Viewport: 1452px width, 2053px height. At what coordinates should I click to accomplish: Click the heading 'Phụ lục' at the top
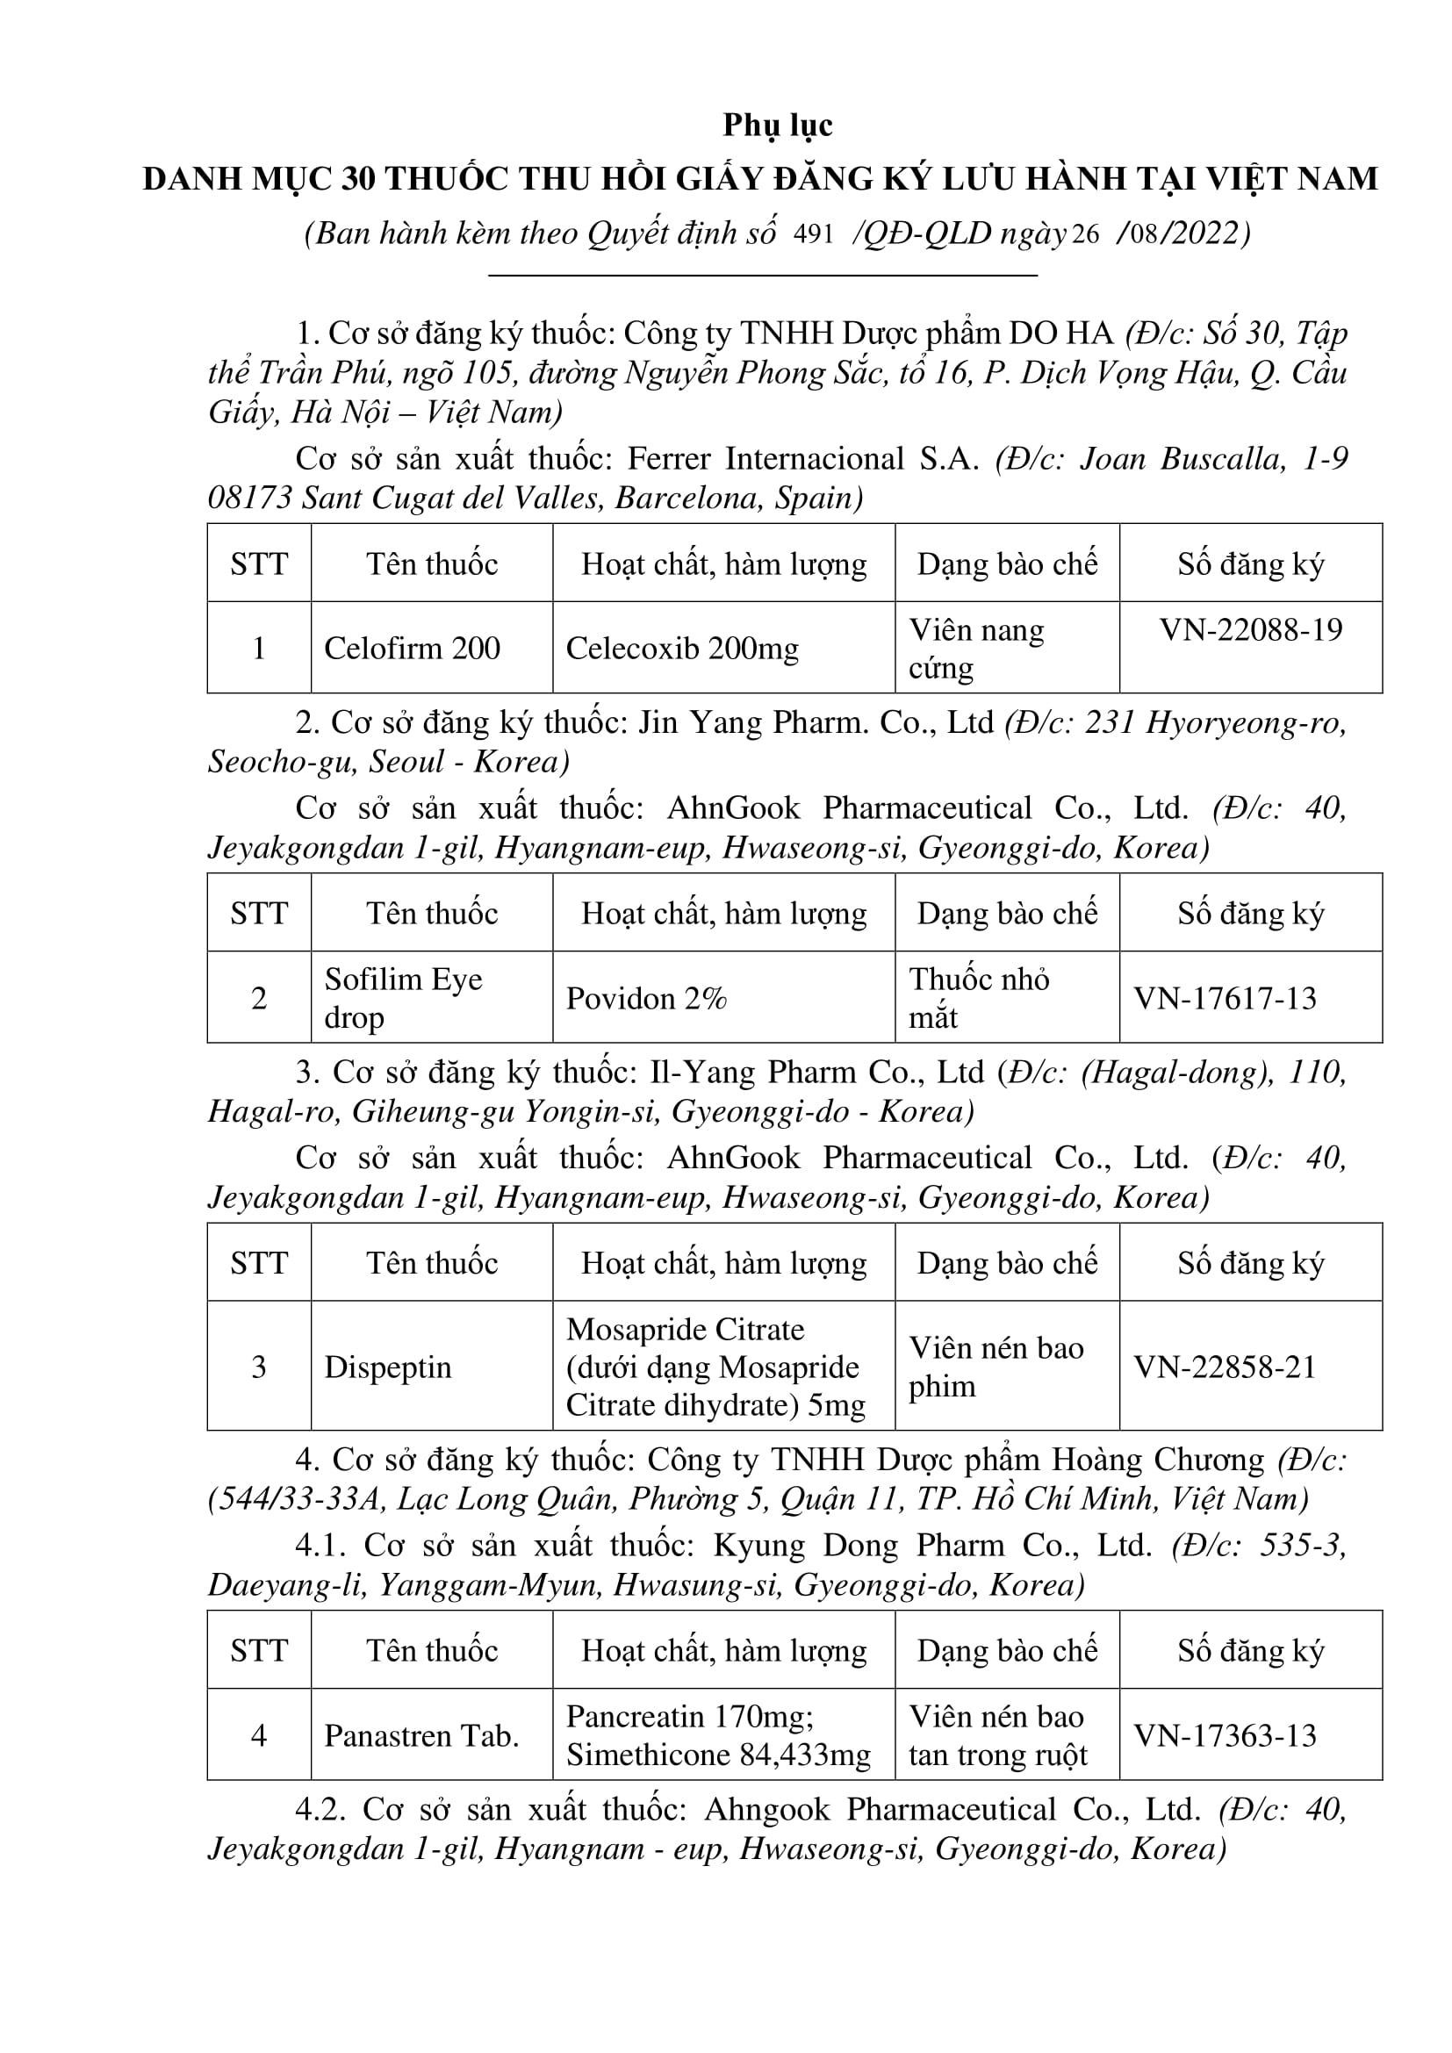pos(777,126)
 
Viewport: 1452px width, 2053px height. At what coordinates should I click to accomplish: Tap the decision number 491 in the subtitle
pos(813,234)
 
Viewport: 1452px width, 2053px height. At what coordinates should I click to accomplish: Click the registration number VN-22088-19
pos(1251,630)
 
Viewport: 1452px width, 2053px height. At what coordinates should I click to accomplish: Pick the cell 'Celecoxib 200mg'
pos(681,649)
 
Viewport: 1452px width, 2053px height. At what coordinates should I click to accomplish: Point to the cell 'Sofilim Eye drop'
pos(402,998)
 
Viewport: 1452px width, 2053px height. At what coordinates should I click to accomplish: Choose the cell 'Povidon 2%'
pos(645,998)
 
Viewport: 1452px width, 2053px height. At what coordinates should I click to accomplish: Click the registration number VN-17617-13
pos(1225,998)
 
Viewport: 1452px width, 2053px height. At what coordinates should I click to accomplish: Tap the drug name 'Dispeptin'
pos(387,1367)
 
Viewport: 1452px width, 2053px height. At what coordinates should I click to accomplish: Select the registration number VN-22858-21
pos(1225,1367)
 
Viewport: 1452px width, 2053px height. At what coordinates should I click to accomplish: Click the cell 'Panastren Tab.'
pos(421,1735)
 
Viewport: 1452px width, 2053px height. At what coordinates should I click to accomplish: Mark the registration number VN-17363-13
pos(1225,1735)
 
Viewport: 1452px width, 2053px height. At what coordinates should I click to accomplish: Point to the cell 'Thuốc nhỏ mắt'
pos(979,998)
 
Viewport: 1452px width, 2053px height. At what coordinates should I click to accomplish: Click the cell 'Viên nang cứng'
pos(976,649)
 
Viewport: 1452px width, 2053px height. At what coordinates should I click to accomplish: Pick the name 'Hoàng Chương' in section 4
pos(1158,1461)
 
